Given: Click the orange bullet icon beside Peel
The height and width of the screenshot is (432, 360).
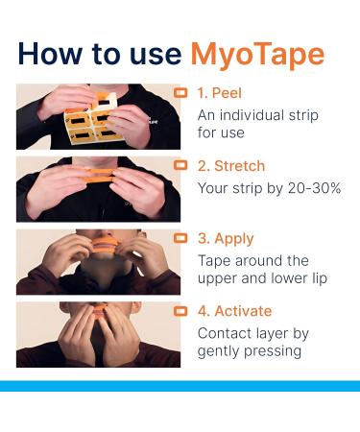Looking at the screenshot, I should pos(180,93).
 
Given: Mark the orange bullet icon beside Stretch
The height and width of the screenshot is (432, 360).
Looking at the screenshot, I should pos(180,164).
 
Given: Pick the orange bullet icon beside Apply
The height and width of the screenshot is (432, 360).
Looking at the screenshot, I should pos(180,238).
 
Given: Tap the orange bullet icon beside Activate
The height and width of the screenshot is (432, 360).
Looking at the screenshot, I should pos(180,310).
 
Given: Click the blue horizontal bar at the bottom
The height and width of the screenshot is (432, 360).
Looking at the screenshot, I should pos(180,386).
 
